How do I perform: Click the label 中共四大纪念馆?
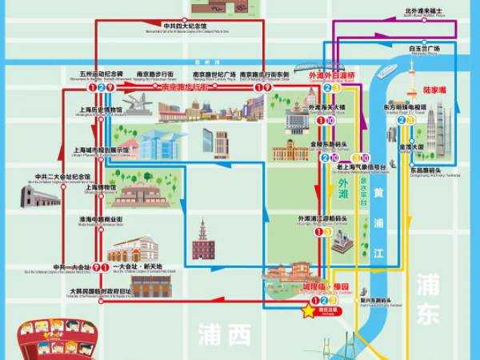click(x=195, y=26)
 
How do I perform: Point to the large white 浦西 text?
click(x=227, y=334)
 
